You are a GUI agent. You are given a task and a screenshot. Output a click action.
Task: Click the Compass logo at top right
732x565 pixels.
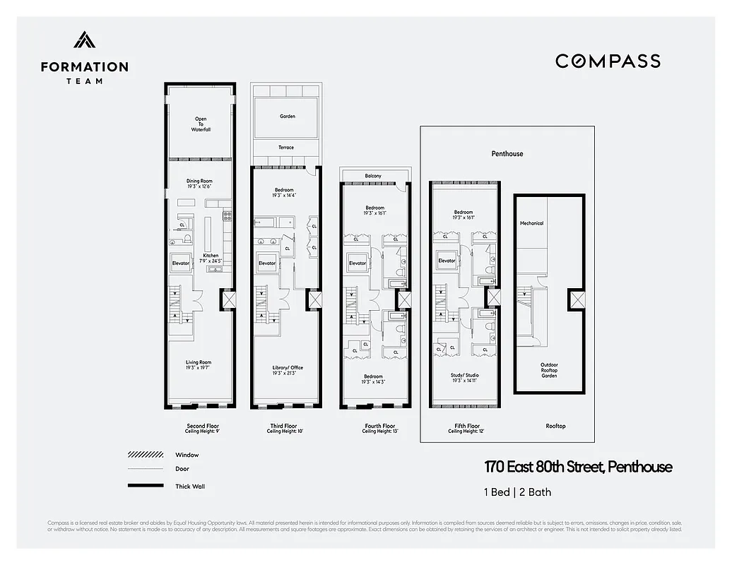(x=608, y=61)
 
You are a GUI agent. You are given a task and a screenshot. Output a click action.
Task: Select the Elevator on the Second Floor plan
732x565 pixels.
(x=181, y=263)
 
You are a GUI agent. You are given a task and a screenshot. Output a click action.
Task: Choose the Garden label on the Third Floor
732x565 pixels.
(x=287, y=117)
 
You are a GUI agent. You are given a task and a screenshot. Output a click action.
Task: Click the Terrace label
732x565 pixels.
(x=285, y=148)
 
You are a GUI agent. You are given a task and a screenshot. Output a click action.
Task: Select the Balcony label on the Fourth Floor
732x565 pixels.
(x=374, y=176)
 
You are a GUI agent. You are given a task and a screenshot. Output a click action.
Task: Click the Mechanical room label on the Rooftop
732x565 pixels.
(x=531, y=223)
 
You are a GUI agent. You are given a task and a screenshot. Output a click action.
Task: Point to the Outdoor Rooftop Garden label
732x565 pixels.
(x=549, y=370)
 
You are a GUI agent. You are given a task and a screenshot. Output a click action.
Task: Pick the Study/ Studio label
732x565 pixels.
(x=464, y=376)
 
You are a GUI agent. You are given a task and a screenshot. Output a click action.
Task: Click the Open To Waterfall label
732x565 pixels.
(x=201, y=124)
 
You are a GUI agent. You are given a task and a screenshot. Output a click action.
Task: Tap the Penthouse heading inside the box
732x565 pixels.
(x=507, y=153)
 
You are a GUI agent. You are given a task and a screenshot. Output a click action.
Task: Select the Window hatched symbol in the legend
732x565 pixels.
(x=146, y=455)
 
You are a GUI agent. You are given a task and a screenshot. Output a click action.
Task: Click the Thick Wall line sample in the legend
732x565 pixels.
(x=146, y=486)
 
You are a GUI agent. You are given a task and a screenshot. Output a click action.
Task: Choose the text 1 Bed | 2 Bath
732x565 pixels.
(x=518, y=492)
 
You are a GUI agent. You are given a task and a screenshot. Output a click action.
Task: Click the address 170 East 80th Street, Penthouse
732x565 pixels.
(x=578, y=467)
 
